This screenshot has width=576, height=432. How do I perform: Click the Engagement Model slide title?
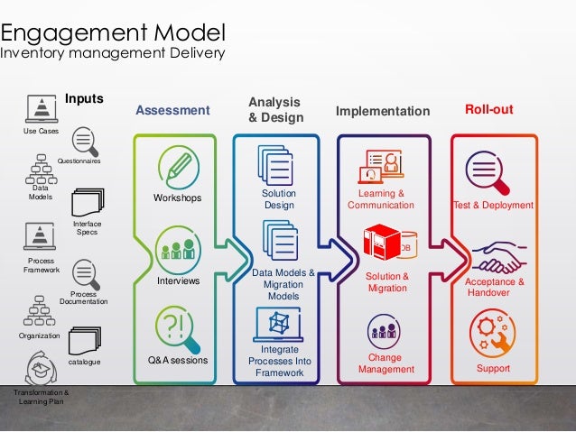pyautogui.click(x=112, y=34)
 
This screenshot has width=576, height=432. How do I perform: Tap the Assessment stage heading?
pyautogui.click(x=172, y=111)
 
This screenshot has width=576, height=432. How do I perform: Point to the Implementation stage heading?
pyautogui.click(x=383, y=112)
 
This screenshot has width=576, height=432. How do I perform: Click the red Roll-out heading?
pyautogui.click(x=488, y=109)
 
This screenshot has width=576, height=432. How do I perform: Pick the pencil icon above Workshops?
pyautogui.click(x=178, y=167)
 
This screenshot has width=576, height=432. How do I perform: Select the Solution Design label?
pyautogui.click(x=279, y=199)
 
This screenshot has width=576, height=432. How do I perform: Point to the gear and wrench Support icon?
pyautogui.click(x=493, y=334)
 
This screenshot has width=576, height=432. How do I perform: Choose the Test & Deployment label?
pyautogui.click(x=493, y=206)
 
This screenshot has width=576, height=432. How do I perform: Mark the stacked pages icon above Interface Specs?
pyautogui.click(x=88, y=202)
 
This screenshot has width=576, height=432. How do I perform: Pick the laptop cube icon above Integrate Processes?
pyautogui.click(x=278, y=322)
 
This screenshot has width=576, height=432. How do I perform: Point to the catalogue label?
pyautogui.click(x=84, y=362)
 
